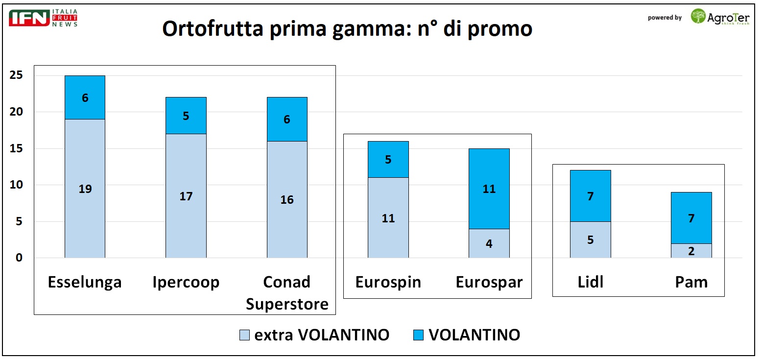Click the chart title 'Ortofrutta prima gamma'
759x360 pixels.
click(x=347, y=29)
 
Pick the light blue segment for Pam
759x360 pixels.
click(x=691, y=251)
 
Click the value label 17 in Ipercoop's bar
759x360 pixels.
click(x=186, y=196)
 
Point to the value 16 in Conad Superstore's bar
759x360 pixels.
click(x=287, y=200)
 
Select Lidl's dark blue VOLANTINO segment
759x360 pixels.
click(x=590, y=196)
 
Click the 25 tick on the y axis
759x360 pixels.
click(x=16, y=75)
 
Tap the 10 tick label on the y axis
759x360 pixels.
click(x=16, y=185)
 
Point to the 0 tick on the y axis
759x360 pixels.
click(x=19, y=258)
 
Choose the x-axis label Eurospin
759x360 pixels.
click(x=388, y=283)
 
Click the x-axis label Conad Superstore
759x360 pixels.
click(x=287, y=293)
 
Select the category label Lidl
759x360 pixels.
click(x=590, y=283)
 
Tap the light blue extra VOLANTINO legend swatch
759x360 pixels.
click(x=244, y=335)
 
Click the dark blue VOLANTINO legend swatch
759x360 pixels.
click(x=418, y=335)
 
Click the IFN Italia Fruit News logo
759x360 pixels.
click(x=44, y=18)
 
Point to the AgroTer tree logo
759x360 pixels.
click(x=698, y=16)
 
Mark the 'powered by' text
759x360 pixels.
click(x=664, y=18)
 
